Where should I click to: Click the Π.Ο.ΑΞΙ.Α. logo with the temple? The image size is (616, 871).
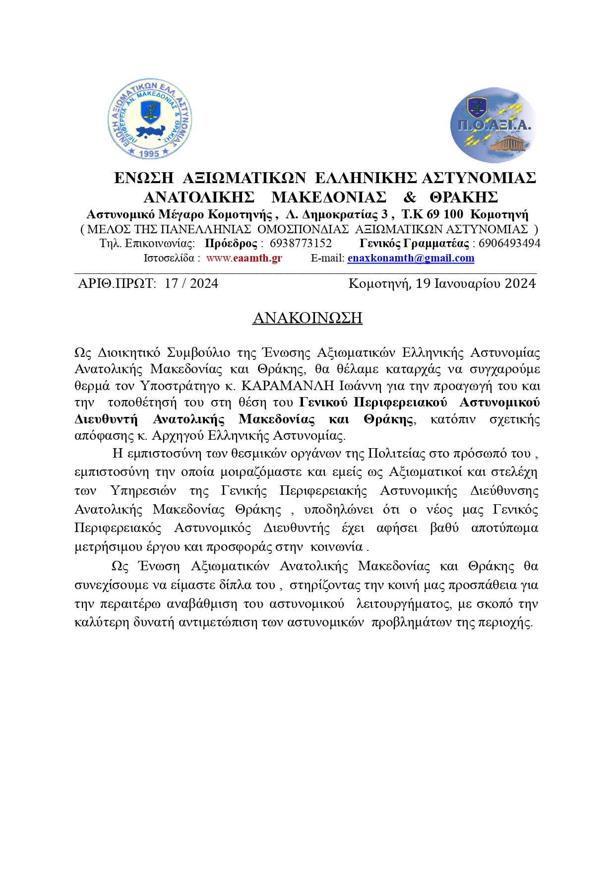pos(493,125)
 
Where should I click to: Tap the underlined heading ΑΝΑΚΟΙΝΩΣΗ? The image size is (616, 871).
pos(308,318)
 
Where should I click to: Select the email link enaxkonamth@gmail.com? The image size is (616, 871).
pos(411,258)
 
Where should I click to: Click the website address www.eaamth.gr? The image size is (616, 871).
pos(244,258)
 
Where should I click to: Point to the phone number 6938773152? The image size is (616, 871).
pos(301,244)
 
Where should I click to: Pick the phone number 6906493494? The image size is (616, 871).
pos(509,244)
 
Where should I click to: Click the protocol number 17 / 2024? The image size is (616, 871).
pos(191,283)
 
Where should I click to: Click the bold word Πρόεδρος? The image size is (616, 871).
pos(231,244)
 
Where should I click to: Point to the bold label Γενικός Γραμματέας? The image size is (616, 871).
pos(414,244)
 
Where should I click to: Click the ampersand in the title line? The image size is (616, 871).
pos(410,198)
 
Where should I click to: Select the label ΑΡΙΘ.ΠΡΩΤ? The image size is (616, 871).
pos(117,283)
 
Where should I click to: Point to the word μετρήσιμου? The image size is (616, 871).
pos(105,546)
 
